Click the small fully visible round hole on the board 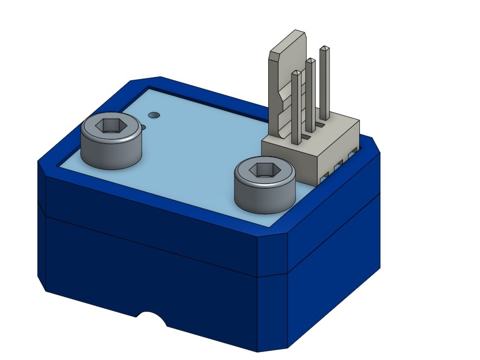coord(153,114)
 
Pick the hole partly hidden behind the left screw coord(143,126)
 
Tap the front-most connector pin coord(296,108)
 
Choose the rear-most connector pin coord(324,82)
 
